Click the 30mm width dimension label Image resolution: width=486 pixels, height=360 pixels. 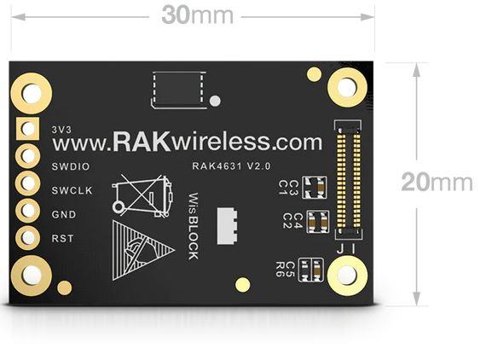click(x=198, y=15)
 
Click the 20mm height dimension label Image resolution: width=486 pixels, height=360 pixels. click(x=437, y=182)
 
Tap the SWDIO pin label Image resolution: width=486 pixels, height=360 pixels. click(x=71, y=166)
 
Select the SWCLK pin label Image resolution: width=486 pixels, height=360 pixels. click(x=72, y=190)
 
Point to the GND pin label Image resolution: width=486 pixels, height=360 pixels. click(x=64, y=214)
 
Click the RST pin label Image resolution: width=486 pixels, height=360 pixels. click(x=62, y=239)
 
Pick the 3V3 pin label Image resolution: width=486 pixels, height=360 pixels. click(x=61, y=130)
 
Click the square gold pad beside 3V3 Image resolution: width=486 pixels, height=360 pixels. click(x=28, y=129)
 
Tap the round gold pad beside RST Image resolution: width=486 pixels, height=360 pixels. click(x=28, y=237)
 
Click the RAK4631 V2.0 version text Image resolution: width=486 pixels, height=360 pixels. click(x=231, y=166)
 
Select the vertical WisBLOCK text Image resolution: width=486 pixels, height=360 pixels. click(x=194, y=226)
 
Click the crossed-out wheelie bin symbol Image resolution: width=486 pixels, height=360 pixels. click(x=142, y=195)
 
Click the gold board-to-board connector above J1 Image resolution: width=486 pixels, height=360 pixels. click(x=349, y=179)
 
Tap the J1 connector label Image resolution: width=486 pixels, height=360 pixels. click(x=346, y=249)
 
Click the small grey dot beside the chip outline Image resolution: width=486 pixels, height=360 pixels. click(x=215, y=101)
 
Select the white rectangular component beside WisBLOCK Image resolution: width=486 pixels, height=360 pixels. click(x=227, y=226)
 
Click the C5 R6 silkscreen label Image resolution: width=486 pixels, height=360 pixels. click(x=285, y=270)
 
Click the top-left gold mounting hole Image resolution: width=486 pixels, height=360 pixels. click(x=32, y=93)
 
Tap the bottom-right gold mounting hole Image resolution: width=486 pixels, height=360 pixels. click(x=348, y=276)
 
